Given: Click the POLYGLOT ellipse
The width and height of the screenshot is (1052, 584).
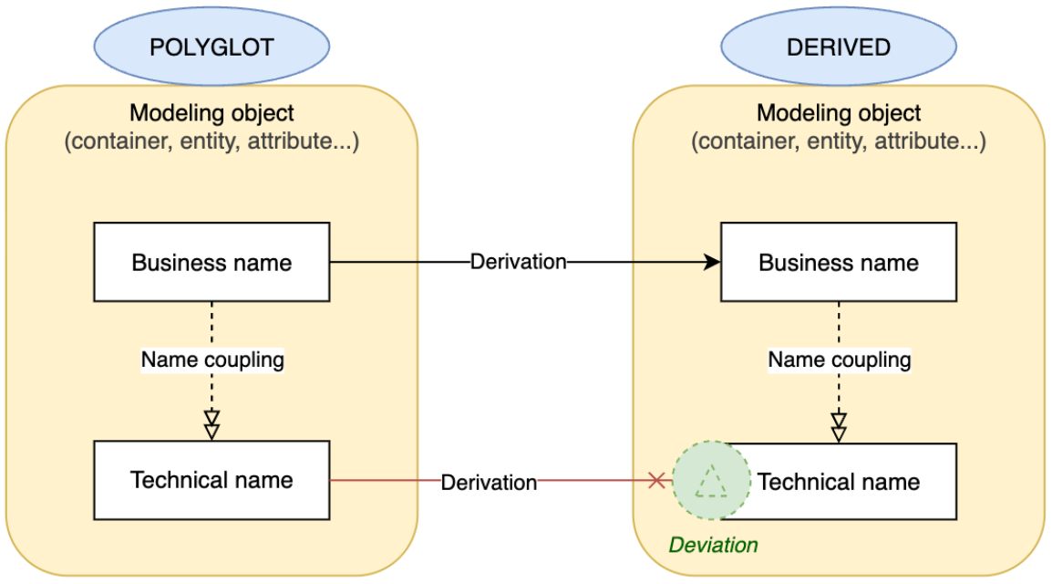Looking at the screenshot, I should pyautogui.click(x=211, y=46).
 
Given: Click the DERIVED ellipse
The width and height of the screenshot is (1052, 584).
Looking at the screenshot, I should pyautogui.click(x=839, y=46).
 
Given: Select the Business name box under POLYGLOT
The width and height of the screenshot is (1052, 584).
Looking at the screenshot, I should pyautogui.click(x=211, y=263).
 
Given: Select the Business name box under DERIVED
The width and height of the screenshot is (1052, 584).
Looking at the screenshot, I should pyautogui.click(x=839, y=263).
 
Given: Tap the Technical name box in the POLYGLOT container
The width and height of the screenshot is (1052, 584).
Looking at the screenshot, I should pyautogui.click(x=211, y=480).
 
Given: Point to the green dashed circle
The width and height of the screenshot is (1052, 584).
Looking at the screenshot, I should pyautogui.click(x=711, y=481).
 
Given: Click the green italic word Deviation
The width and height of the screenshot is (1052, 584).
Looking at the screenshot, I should pyautogui.click(x=713, y=546).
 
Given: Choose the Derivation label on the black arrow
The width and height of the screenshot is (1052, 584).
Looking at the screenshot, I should pyautogui.click(x=518, y=263).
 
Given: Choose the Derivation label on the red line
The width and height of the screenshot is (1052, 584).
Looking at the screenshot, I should pyautogui.click(x=489, y=482).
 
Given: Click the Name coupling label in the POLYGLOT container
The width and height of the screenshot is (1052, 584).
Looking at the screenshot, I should pyautogui.click(x=212, y=360).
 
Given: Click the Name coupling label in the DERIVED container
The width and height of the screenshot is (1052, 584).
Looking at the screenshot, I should pyautogui.click(x=839, y=360).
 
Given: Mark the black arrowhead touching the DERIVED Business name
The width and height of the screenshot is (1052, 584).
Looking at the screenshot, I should pyautogui.click(x=712, y=263).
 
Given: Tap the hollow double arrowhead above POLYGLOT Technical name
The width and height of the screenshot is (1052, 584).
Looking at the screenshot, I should pyautogui.click(x=211, y=425).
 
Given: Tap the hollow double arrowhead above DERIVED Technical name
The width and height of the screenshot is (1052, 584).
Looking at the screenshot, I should pyautogui.click(x=839, y=427).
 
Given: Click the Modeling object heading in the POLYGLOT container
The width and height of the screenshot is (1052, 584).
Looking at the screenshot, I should pyautogui.click(x=211, y=113).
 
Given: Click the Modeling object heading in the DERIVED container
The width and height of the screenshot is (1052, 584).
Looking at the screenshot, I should pyautogui.click(x=839, y=113).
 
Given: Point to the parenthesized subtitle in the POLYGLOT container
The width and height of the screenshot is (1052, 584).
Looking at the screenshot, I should pyautogui.click(x=211, y=142).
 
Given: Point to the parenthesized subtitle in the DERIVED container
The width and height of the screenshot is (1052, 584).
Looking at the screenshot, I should pyautogui.click(x=839, y=142).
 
